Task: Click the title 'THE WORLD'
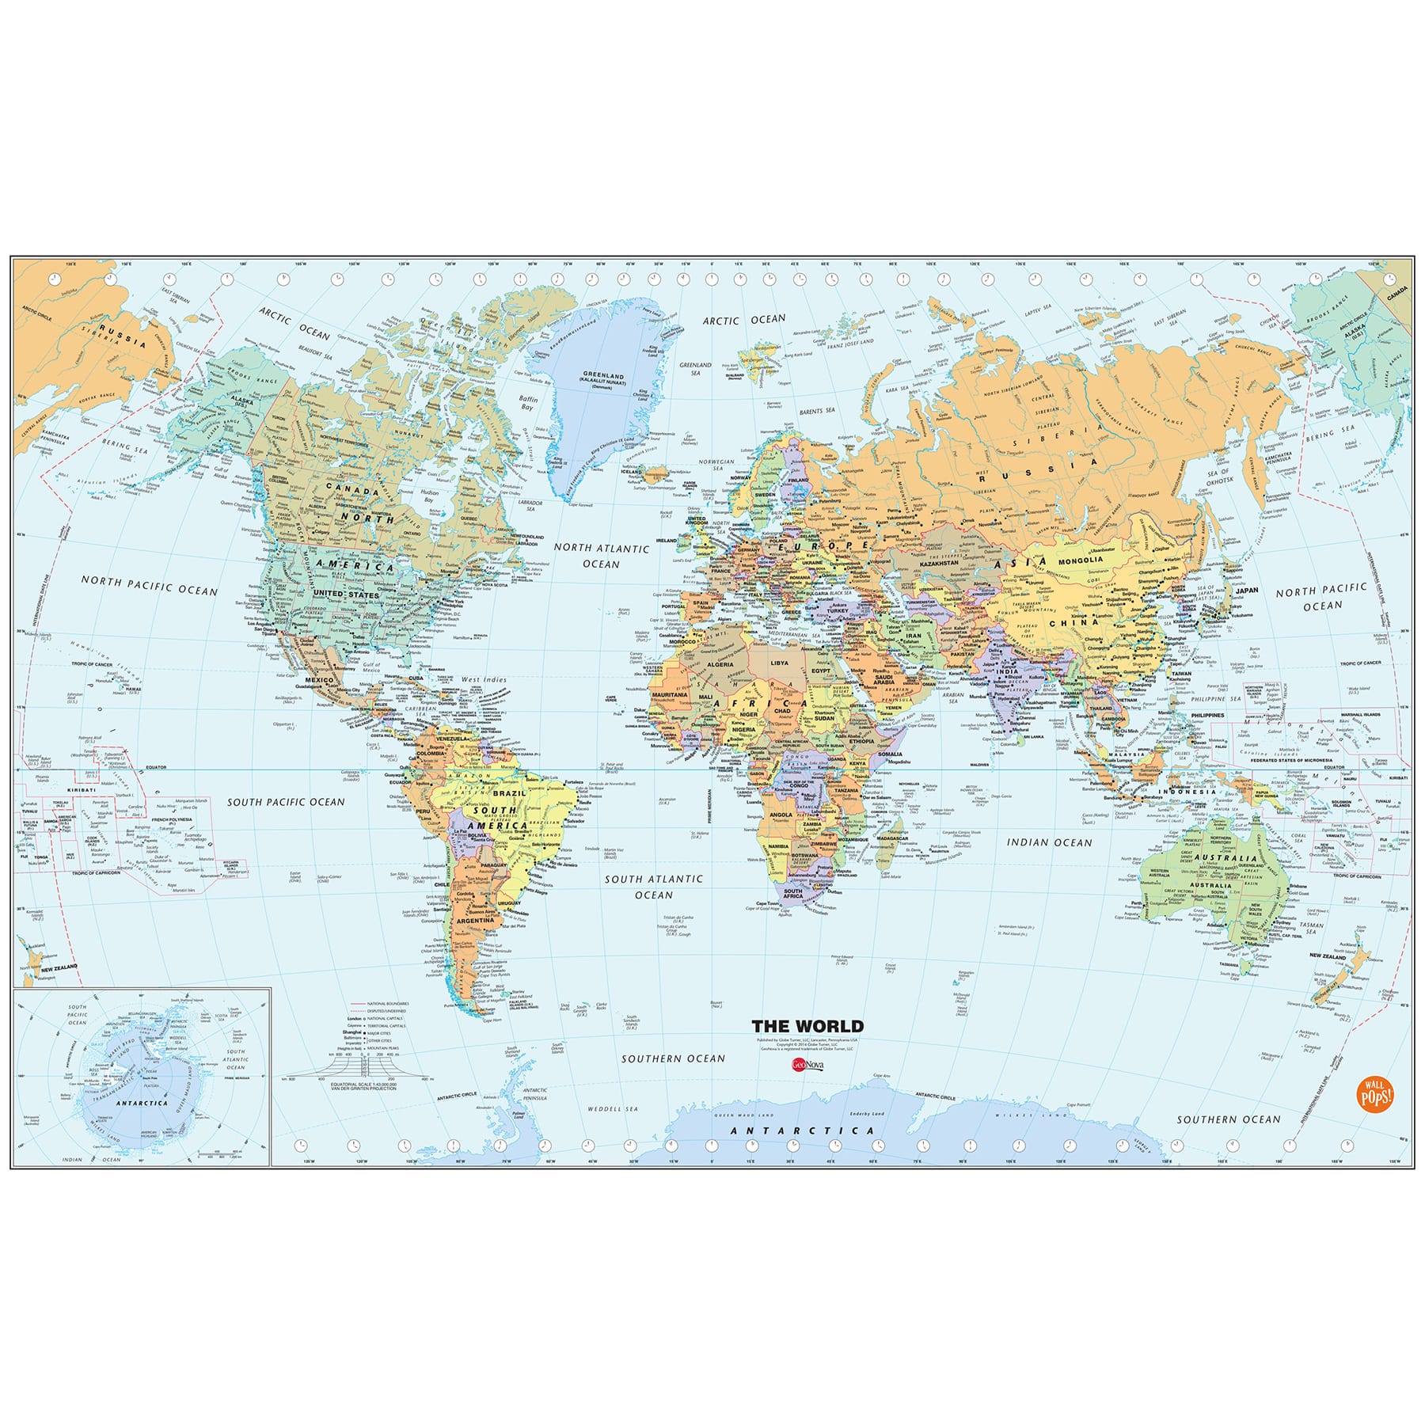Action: point(807,1026)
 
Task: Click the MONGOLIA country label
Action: point(1081,560)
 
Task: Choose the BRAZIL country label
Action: point(509,792)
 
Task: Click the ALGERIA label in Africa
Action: point(720,664)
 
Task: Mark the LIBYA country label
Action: point(780,662)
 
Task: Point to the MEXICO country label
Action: point(320,680)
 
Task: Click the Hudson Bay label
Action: point(430,496)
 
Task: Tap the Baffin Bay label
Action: point(528,404)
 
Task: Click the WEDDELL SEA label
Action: point(613,1109)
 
